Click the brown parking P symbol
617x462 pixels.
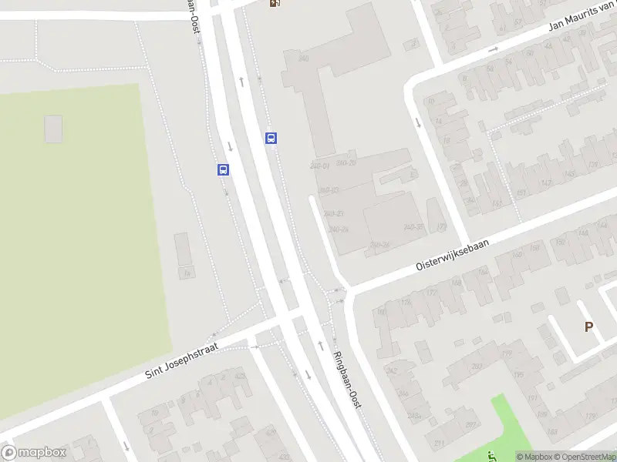tap(588, 326)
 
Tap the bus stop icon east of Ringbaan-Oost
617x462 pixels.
tap(271, 139)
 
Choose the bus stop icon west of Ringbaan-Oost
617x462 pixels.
tap(223, 170)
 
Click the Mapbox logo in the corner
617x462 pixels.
tap(35, 453)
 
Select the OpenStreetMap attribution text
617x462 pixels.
tap(584, 457)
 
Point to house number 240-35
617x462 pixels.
tap(414, 226)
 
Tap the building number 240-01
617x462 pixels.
tap(320, 166)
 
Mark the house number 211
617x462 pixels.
tap(439, 443)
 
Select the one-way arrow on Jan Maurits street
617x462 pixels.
tap(494, 49)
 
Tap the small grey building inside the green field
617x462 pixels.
tap(53, 129)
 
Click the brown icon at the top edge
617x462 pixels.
tap(275, 3)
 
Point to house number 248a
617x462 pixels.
tap(414, 417)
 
